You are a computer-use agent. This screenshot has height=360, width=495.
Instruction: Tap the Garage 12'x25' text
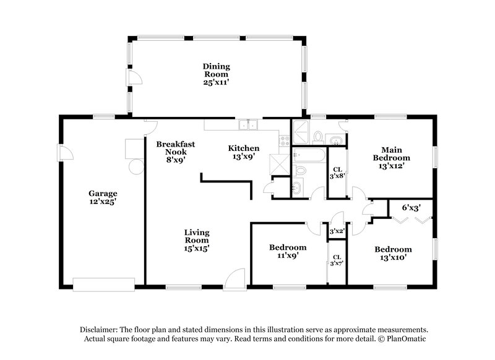pos(102,197)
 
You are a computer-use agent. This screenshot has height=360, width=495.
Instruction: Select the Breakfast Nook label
pos(175,152)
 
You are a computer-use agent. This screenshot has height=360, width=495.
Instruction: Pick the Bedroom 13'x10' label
pos(393,254)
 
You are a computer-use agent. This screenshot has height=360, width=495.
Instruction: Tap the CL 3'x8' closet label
pos(338,173)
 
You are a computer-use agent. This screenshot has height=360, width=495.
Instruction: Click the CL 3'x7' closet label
pos(337,261)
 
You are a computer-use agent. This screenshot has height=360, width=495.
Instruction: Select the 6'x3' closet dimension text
pos(410,208)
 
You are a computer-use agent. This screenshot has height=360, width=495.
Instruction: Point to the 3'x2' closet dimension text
pos(337,231)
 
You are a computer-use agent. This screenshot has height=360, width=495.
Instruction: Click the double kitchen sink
pos(250,125)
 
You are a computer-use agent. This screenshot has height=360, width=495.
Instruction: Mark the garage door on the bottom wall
pos(103,284)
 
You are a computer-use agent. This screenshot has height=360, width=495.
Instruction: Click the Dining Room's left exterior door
pos(134,77)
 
